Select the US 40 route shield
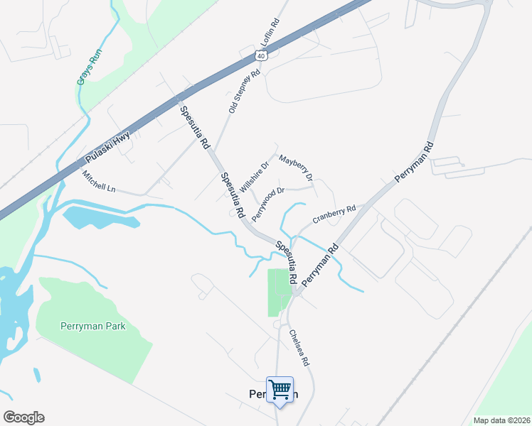pyautogui.click(x=262, y=55)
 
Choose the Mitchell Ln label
pyautogui.click(x=98, y=182)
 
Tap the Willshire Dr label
pyautogui.click(x=255, y=177)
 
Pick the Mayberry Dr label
pyautogui.click(x=296, y=168)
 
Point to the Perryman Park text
pyautogui.click(x=90, y=326)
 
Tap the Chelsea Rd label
pyautogui.click(x=299, y=348)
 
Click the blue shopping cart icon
pyautogui.click(x=280, y=389)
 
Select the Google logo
pyautogui.click(x=23, y=417)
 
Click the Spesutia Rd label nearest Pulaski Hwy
pyautogui.click(x=194, y=126)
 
